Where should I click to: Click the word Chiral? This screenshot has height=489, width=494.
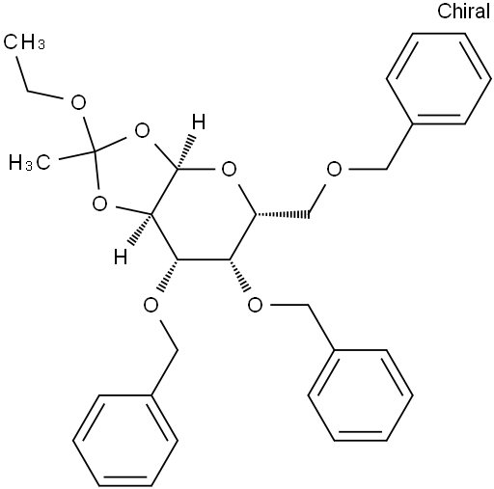pyautogui.click(x=463, y=11)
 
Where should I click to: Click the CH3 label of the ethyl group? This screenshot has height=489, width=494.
pyautogui.click(x=24, y=41)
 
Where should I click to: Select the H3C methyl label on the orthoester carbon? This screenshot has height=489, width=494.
pyautogui.click(x=30, y=162)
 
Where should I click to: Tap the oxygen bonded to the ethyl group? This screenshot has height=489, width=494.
pyautogui.click(x=78, y=102)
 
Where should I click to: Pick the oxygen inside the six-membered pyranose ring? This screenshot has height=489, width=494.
pyautogui.click(x=229, y=170)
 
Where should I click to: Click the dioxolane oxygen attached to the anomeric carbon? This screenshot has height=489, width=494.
pyautogui.click(x=142, y=131)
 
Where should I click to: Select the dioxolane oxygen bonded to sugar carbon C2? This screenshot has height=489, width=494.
pyautogui.click(x=99, y=204)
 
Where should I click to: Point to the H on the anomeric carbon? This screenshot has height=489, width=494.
pyautogui.click(x=199, y=122)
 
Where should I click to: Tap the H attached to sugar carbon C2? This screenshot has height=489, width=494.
pyautogui.click(x=121, y=257)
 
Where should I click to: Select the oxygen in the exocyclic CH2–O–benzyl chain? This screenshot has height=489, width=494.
pyautogui.click(x=334, y=170)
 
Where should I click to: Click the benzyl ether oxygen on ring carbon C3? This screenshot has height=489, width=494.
pyautogui.click(x=151, y=305)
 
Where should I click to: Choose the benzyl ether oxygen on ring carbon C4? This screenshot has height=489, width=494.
pyautogui.click(x=256, y=305)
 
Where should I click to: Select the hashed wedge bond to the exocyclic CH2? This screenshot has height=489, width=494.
pyautogui.click(x=282, y=214)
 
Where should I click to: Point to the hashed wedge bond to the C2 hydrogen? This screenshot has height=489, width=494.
pyautogui.click(x=140, y=229)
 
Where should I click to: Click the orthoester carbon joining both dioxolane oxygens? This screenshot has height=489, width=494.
pyautogui.click(x=95, y=150)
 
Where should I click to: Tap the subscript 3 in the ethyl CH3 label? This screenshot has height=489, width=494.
pyautogui.click(x=41, y=44)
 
